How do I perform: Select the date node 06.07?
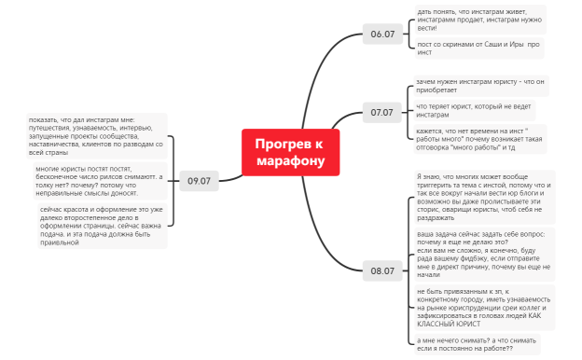[382, 35]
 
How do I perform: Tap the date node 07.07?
[382, 112]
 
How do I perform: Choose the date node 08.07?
[382, 270]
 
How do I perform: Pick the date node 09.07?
[199, 180]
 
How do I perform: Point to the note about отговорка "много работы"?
[478, 140]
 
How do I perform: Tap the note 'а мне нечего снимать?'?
[477, 343]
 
